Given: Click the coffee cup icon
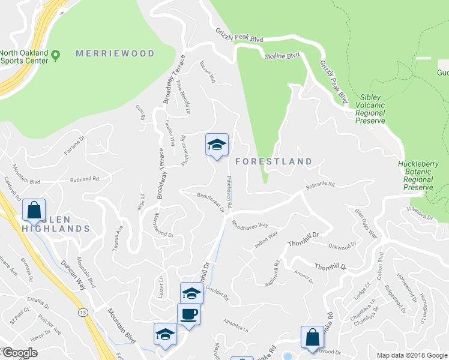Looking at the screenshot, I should pyautogui.click(x=188, y=314).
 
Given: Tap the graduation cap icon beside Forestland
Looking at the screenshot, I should pyautogui.click(x=217, y=145).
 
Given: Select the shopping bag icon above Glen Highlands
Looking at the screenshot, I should pyautogui.click(x=34, y=210).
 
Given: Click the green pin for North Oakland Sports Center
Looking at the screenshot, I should pyautogui.click(x=56, y=55).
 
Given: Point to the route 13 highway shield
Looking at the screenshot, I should pyautogui.click(x=82, y=311).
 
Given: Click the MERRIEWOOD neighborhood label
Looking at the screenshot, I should pyautogui.click(x=115, y=54).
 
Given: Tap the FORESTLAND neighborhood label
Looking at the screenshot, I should pyautogui.click(x=274, y=161).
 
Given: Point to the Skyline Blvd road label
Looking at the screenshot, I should pyautogui.click(x=282, y=56).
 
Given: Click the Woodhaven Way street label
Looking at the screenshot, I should pyautogui.click(x=250, y=229).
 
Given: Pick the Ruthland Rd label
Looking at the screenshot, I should pyautogui.click(x=84, y=179).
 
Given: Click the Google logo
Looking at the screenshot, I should pyautogui.click(x=20, y=353).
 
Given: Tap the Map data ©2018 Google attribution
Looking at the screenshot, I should pyautogui.click(x=411, y=355).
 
